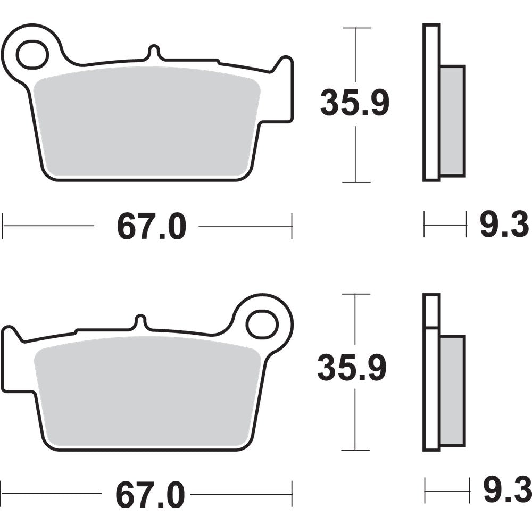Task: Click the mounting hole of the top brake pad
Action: point(32,54)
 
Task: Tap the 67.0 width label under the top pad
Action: point(152,227)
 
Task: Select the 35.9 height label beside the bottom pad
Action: point(352,368)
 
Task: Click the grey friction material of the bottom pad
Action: point(149,394)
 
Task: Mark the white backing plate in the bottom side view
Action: point(431,383)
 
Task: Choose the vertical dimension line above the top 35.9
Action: point(355,53)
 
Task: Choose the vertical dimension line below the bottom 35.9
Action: point(355,420)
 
